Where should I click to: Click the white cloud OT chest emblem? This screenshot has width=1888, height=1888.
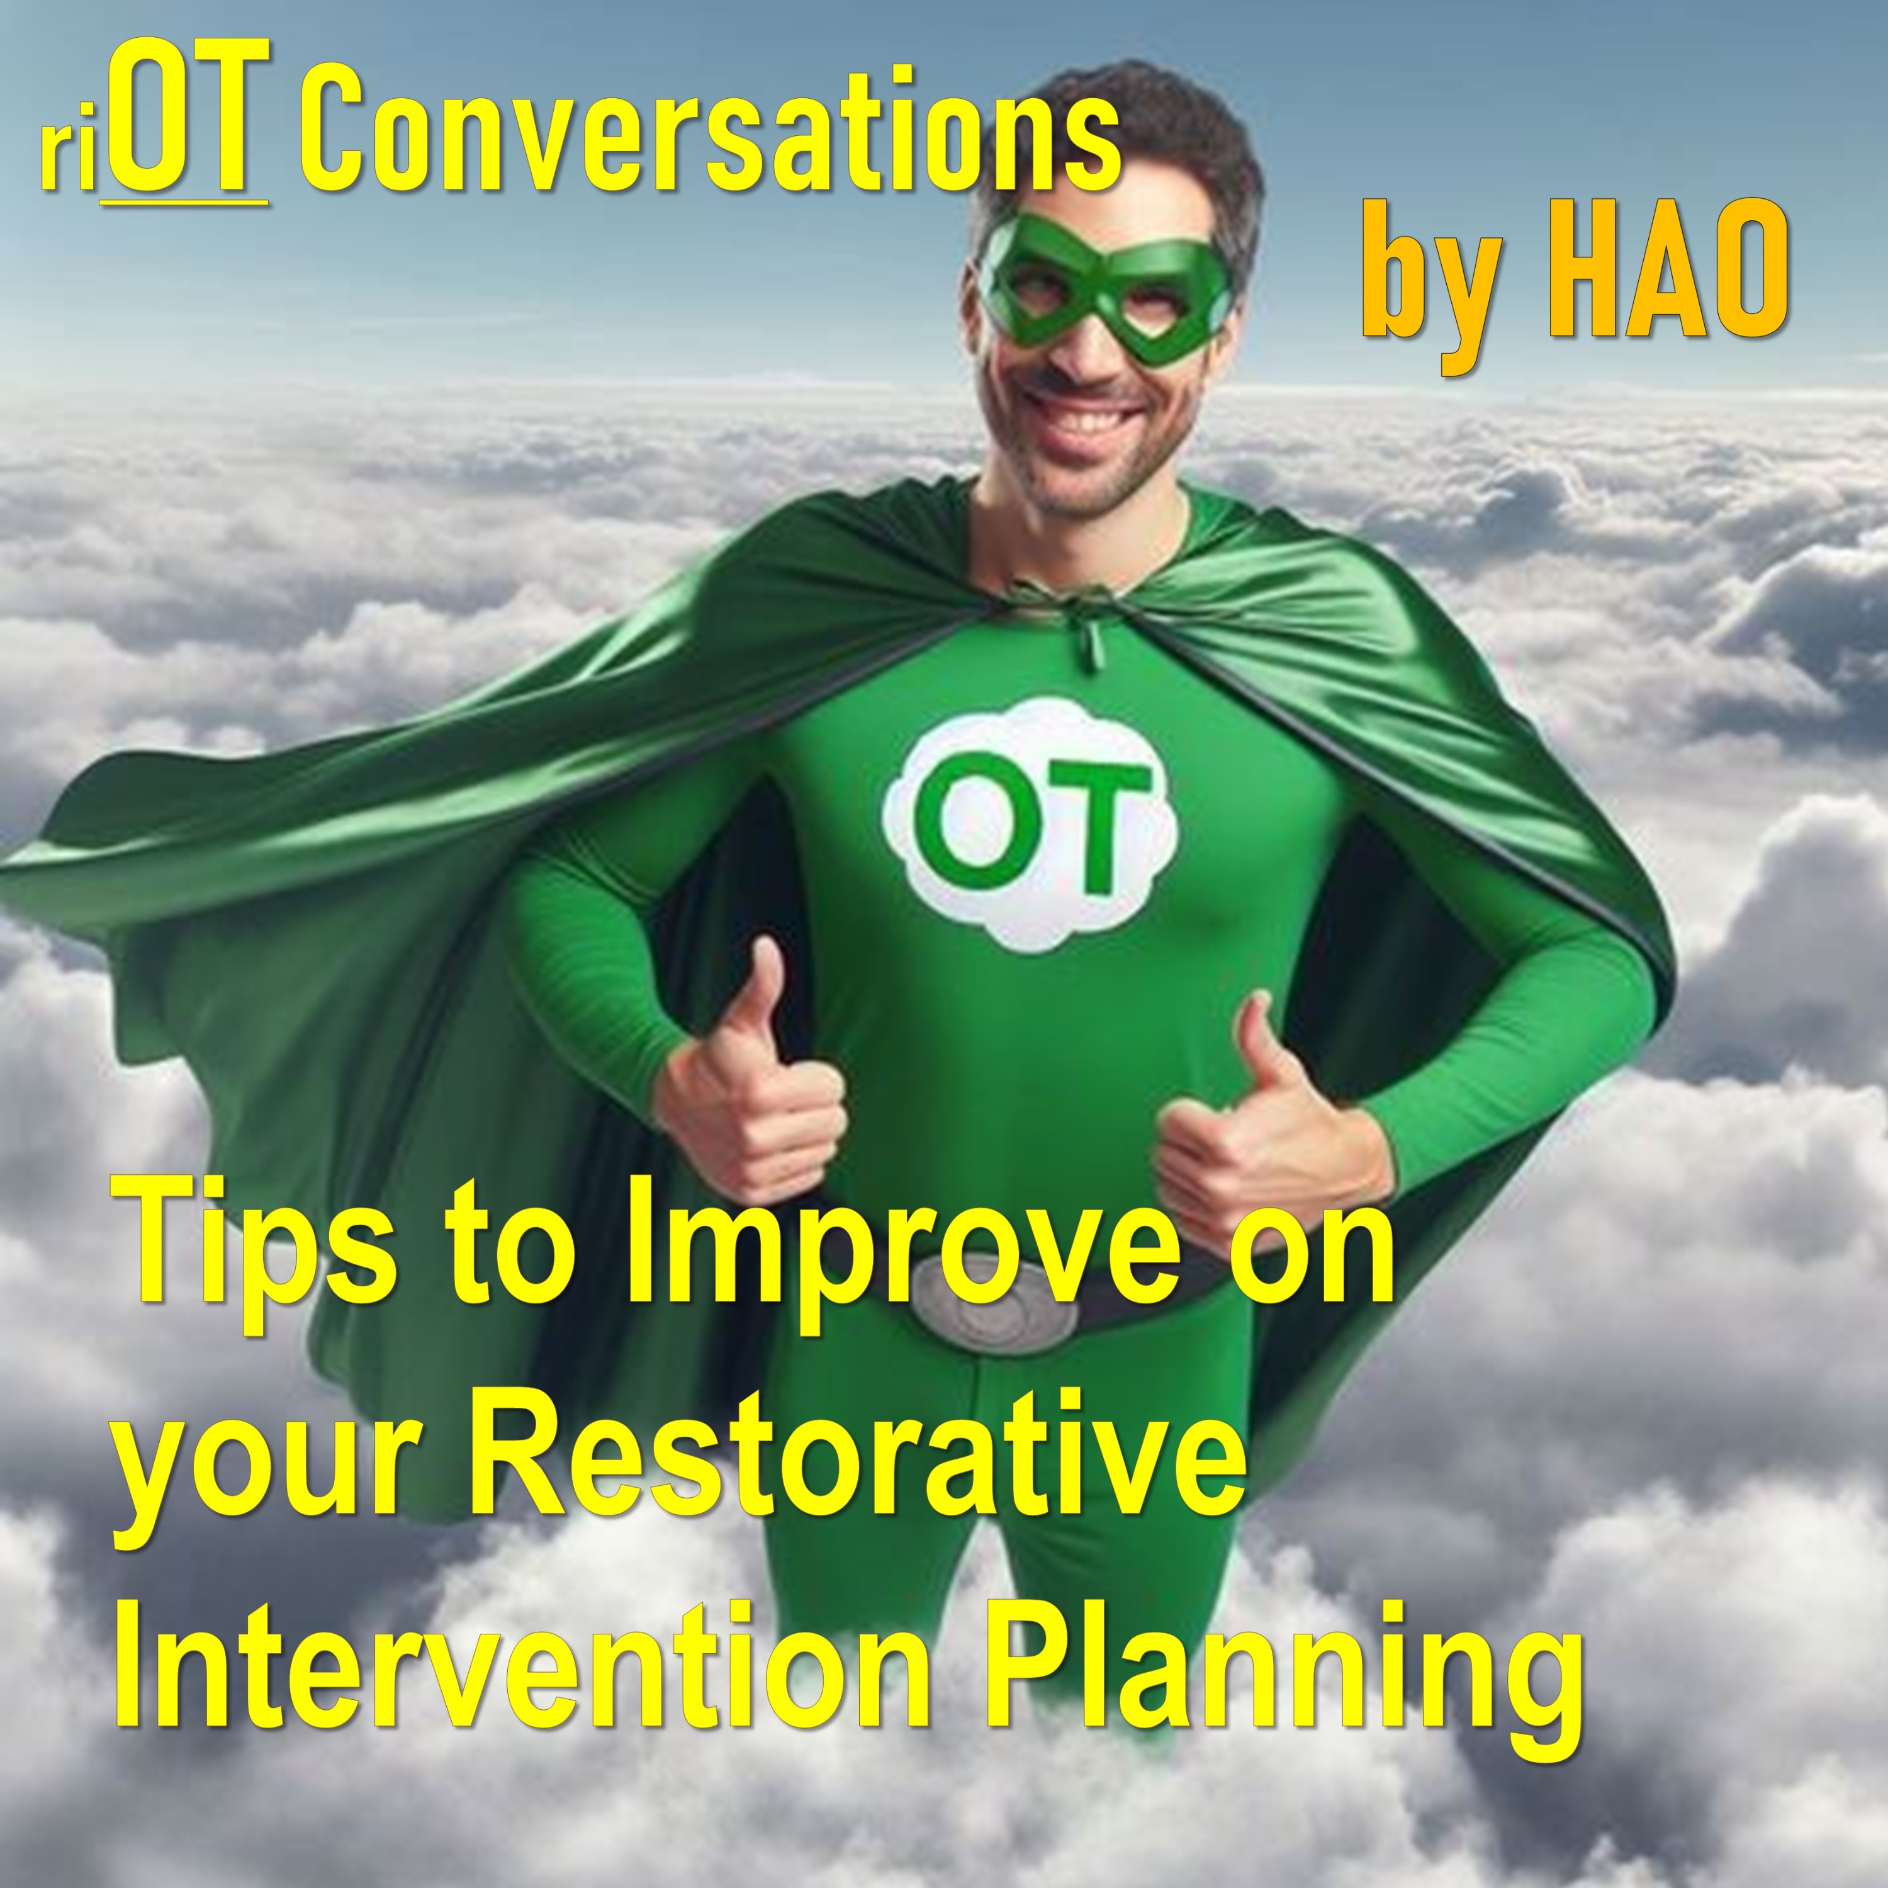click(1030, 823)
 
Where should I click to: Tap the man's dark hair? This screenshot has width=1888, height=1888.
click(1124, 127)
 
